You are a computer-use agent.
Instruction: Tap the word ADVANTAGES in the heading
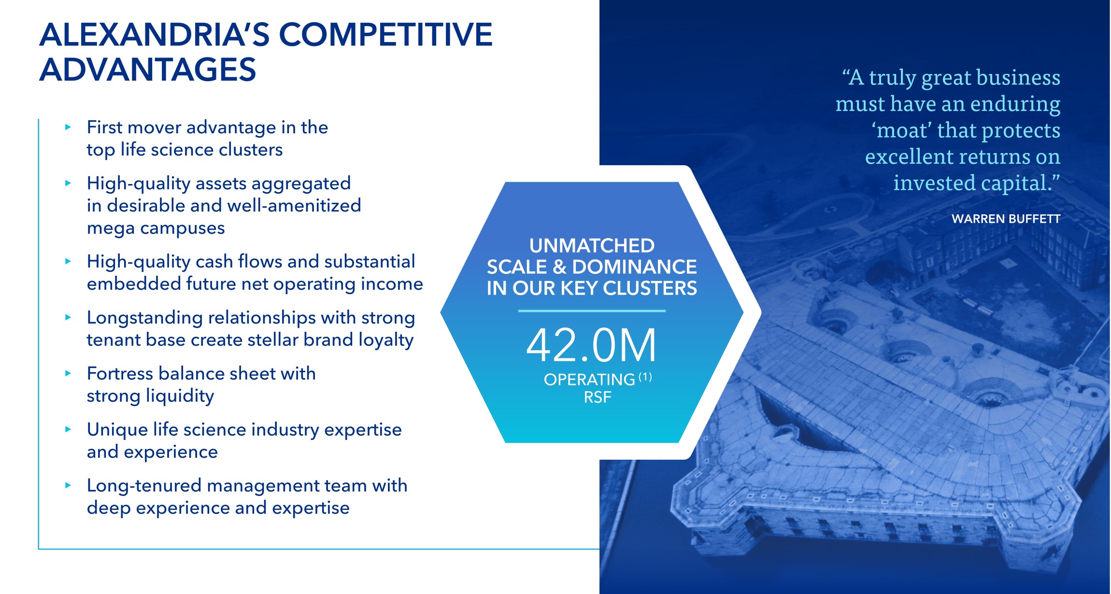(147, 70)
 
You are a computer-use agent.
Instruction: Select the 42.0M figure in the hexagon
(591, 345)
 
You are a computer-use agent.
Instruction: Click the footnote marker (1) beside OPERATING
(645, 377)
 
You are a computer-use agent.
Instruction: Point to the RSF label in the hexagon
(598, 397)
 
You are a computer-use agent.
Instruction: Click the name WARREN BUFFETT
(1006, 219)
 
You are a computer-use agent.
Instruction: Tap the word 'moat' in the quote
(901, 130)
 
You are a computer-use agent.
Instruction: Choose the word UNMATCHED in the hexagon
(592, 246)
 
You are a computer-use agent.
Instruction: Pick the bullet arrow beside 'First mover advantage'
(68, 127)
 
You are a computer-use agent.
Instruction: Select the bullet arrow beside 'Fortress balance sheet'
(68, 373)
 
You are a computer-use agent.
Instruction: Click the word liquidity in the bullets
(180, 396)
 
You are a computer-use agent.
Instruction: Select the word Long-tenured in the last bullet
(144, 485)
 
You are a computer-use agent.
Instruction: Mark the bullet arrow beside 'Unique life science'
(68, 429)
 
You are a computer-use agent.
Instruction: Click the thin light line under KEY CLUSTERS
(592, 311)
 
